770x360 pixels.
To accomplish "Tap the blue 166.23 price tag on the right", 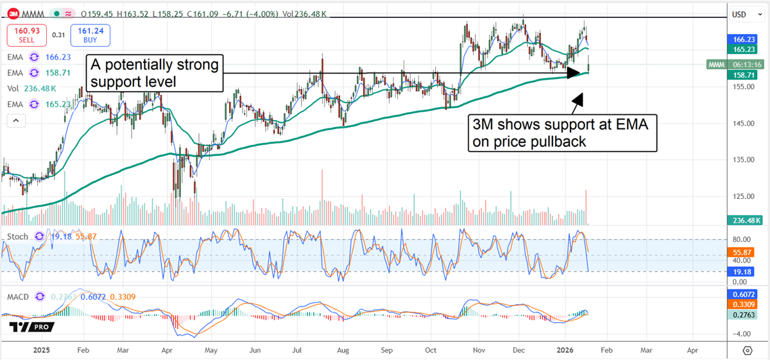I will [743, 39].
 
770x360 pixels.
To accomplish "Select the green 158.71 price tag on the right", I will [743, 75].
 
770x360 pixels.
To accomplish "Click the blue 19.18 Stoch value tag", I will [743, 272].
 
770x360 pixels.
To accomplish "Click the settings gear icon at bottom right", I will [747, 350].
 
